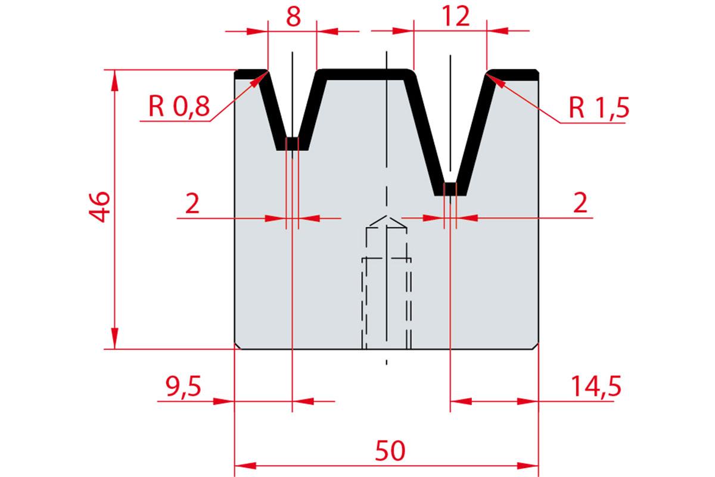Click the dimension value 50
click(x=390, y=451)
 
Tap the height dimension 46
click(x=100, y=207)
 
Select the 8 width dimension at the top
click(x=293, y=17)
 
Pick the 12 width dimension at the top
click(x=456, y=16)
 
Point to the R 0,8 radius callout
click(x=179, y=106)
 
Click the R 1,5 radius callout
click(x=599, y=108)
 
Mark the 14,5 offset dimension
click(x=596, y=386)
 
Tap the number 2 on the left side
click(x=192, y=203)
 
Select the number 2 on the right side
click(x=580, y=203)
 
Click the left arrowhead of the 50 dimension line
click(x=235, y=466)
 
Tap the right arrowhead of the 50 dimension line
click(x=538, y=466)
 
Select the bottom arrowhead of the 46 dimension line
click(x=114, y=349)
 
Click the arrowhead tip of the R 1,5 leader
click(x=486, y=74)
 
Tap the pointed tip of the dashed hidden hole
click(x=387, y=216)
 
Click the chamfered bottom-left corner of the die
click(x=238, y=346)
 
